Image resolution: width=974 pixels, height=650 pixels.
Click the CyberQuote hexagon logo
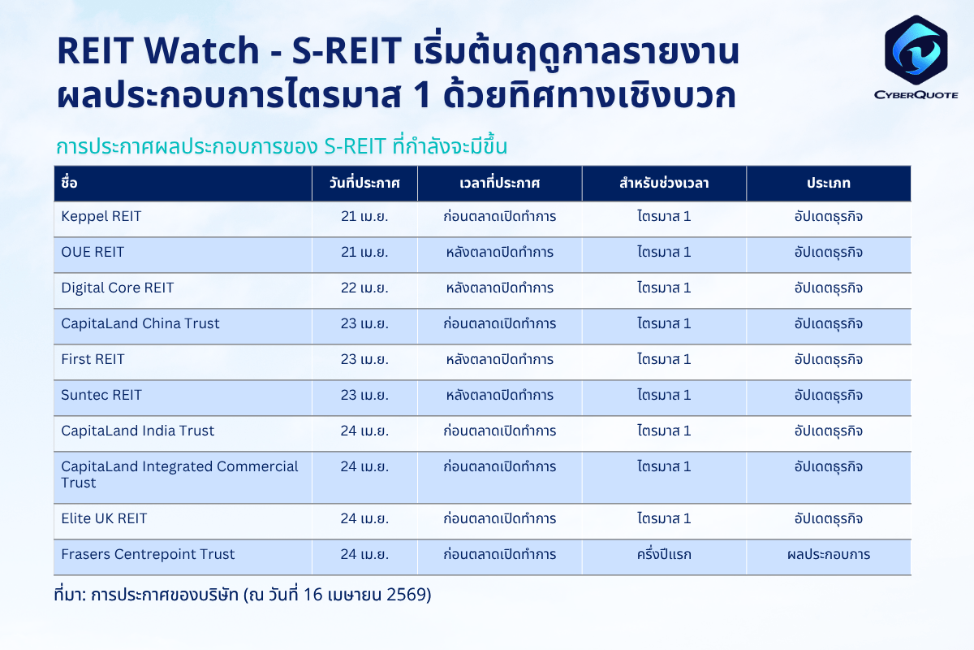tap(916, 50)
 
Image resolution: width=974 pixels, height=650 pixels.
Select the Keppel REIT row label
tap(101, 216)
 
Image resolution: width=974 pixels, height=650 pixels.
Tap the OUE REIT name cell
tap(93, 252)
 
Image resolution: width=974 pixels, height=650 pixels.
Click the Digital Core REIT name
tap(118, 288)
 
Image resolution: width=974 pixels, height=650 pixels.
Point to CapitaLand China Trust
tap(140, 323)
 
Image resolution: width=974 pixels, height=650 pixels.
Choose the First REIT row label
tap(93, 359)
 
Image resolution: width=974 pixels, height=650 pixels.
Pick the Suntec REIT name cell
tap(101, 395)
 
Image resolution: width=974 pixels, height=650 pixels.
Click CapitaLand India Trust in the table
tap(137, 431)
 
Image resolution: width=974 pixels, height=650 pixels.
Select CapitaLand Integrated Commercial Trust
tap(179, 474)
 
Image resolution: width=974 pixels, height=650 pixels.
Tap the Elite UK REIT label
tap(104, 518)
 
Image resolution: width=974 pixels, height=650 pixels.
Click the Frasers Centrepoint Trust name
tap(148, 554)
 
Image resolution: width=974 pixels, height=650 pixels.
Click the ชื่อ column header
tap(69, 183)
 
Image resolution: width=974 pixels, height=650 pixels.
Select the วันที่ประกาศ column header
tap(364, 183)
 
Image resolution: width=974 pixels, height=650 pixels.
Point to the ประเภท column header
tap(829, 184)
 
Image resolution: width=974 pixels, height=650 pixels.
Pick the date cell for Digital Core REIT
tap(364, 288)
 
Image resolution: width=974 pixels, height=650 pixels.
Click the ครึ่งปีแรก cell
tap(664, 554)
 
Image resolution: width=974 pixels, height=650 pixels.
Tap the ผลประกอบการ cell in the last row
tap(829, 554)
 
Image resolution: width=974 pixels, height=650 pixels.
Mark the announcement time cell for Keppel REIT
tap(500, 216)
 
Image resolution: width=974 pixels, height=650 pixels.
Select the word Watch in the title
tap(202, 50)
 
